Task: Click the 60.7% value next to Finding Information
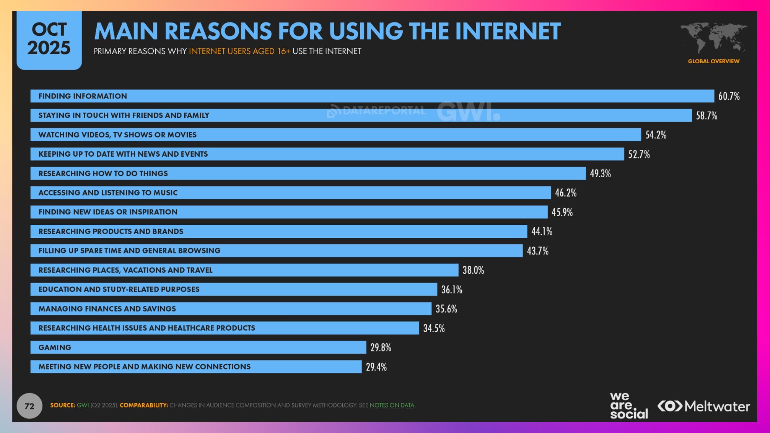pos(729,96)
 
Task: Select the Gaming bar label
pos(55,347)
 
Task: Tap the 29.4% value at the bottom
pos(376,367)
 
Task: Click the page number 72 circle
pos(30,406)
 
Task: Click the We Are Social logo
pos(628,406)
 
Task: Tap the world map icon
pos(714,38)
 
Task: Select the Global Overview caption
pos(714,61)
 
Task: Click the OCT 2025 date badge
pos(49,40)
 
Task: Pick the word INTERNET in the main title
pos(508,32)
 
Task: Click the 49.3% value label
pos(600,174)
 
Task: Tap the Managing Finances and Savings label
pos(107,309)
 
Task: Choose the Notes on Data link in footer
pos(392,405)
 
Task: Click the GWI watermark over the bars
pos(468,111)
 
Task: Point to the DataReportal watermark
pos(376,111)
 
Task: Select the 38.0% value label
pos(473,270)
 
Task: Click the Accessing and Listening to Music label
pos(108,192)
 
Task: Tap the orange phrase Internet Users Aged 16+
pos(240,51)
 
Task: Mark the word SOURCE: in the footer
pos(63,405)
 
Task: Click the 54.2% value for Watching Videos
pos(656,135)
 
